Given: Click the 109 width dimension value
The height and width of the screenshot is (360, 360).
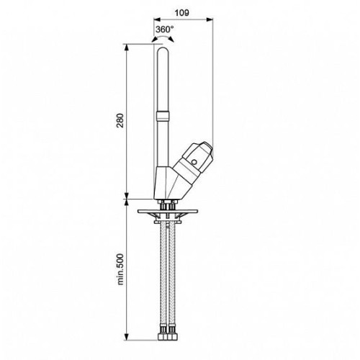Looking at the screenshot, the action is [181, 13].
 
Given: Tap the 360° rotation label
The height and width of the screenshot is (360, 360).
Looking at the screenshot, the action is [165, 30].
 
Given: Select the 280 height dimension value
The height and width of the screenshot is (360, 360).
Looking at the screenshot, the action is [120, 120].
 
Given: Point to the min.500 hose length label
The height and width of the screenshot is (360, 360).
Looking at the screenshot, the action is [120, 269].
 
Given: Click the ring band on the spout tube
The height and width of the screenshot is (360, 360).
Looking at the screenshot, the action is [163, 116].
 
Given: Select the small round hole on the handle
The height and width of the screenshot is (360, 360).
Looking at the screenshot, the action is [194, 162].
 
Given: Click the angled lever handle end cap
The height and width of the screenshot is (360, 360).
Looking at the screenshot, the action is [204, 152].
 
